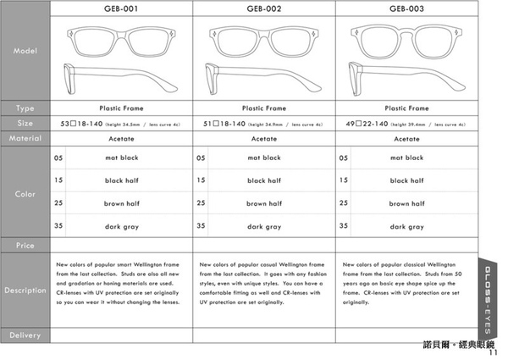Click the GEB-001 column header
pyautogui.click(x=121, y=9)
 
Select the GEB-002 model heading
pyautogui.click(x=263, y=9)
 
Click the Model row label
pyautogui.click(x=25, y=52)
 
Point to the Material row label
pyautogui.click(x=25, y=137)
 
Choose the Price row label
pyautogui.click(x=25, y=245)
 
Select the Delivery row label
pyautogui.click(x=25, y=335)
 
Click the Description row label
pyautogui.click(x=25, y=290)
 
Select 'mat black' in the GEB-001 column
pyautogui.click(x=121, y=158)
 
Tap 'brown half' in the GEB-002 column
pyautogui.click(x=263, y=203)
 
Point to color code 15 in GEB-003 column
pyautogui.click(x=343, y=180)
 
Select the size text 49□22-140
pyautogui.click(x=362, y=123)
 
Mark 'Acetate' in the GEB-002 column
pyautogui.click(x=263, y=137)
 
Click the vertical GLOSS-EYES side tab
pyautogui.click(x=490, y=297)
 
